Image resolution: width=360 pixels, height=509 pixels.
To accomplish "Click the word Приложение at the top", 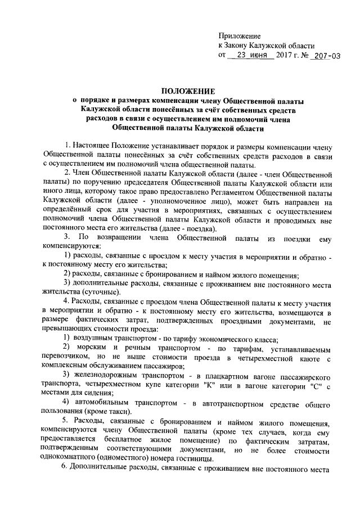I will coord(240,35).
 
